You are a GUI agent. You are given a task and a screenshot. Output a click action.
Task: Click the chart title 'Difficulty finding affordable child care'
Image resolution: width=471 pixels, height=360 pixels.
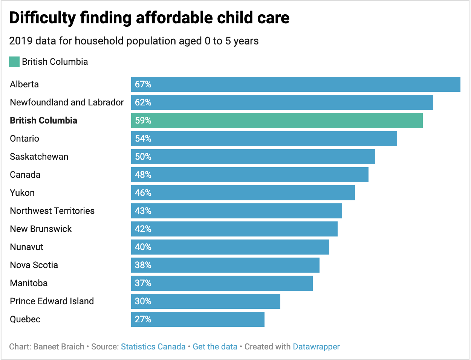(x=149, y=18)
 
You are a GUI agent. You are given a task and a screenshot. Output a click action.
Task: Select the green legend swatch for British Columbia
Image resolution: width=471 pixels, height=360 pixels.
(x=14, y=62)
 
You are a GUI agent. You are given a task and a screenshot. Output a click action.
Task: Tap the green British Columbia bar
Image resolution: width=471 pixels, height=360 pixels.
(x=277, y=121)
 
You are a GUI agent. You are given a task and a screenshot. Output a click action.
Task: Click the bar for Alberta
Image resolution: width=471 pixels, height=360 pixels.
(x=296, y=84)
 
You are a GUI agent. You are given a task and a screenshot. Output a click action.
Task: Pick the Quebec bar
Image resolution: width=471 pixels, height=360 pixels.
(x=198, y=319)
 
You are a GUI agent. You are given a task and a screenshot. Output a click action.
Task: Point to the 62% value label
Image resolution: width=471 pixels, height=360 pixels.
(x=143, y=102)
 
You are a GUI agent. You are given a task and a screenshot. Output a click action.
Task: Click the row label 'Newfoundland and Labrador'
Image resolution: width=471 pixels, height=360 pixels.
(x=67, y=102)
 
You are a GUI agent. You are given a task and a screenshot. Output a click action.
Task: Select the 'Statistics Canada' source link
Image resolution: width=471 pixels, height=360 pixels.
(x=153, y=346)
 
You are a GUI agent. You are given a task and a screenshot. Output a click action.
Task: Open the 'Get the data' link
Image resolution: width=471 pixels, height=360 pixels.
(x=215, y=346)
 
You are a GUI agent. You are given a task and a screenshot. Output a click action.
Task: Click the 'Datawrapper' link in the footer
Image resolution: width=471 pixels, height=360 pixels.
(x=316, y=346)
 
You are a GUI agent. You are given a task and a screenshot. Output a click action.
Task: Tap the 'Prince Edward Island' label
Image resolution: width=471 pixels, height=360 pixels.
(x=52, y=301)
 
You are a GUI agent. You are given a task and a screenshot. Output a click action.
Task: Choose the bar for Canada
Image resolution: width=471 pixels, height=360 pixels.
(x=250, y=175)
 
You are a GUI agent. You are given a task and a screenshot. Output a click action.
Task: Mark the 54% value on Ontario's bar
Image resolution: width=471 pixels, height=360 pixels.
(x=143, y=139)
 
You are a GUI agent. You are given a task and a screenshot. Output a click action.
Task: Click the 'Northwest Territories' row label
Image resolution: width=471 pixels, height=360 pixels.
(x=52, y=211)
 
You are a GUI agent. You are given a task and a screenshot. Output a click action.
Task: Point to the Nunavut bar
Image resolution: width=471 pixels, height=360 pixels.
(x=230, y=247)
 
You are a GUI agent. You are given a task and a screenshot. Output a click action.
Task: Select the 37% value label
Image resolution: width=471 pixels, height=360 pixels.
(x=143, y=283)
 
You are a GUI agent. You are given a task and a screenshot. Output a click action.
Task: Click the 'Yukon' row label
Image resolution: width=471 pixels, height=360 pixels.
(x=22, y=193)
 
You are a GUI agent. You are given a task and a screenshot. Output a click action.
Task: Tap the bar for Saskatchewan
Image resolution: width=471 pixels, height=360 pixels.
(x=253, y=157)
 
